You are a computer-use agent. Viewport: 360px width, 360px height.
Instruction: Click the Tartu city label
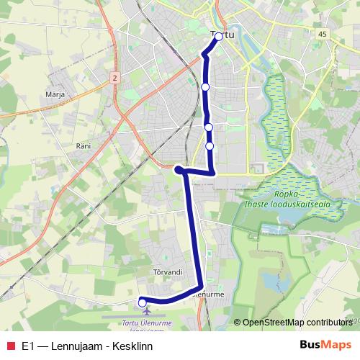[221, 34]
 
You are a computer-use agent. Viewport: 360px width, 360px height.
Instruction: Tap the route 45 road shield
[321, 34]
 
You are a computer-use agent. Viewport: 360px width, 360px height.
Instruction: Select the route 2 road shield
[115, 76]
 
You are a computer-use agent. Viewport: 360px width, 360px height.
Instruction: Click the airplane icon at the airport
[147, 312]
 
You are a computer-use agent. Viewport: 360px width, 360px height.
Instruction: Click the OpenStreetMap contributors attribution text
[297, 323]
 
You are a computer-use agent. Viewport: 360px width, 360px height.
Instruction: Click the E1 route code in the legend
[27, 346]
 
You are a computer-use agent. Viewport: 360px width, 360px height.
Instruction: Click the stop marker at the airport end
[142, 302]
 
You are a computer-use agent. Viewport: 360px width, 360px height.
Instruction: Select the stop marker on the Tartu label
[219, 36]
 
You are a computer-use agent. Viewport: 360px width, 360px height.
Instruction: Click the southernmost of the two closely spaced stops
[210, 146]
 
